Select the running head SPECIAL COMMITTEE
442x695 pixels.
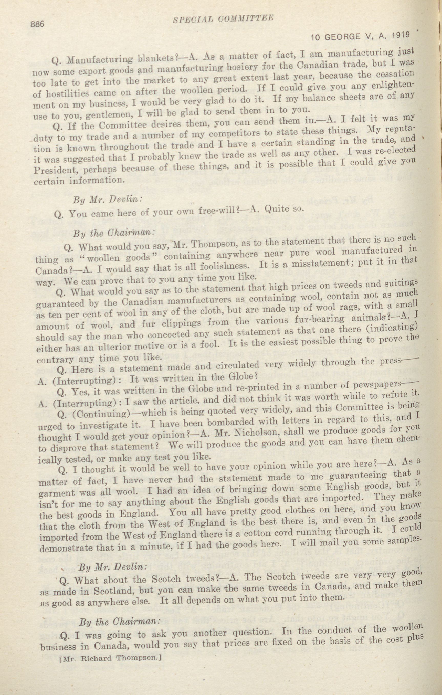(x=223, y=19)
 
